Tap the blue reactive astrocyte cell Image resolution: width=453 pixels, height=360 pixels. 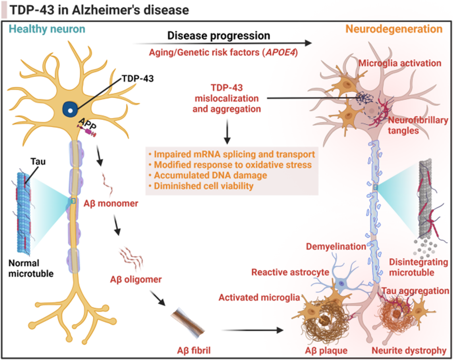click(342, 283)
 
